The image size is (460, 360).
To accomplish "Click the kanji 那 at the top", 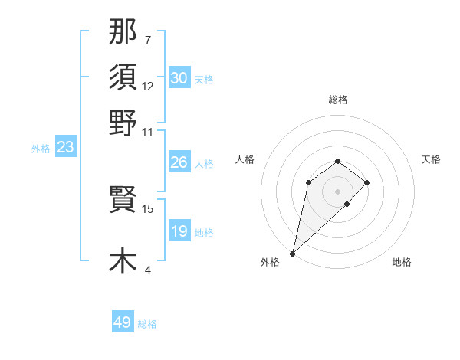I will pyautogui.click(x=123, y=31).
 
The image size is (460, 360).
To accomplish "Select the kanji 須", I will pyautogui.click(x=123, y=77).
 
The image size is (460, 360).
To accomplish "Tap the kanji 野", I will pyautogui.click(x=123, y=123).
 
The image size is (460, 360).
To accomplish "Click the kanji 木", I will pyautogui.click(x=123, y=260).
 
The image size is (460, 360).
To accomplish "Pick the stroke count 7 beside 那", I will pyautogui.click(x=147, y=40).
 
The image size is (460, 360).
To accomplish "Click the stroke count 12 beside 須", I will pyautogui.click(x=148, y=87).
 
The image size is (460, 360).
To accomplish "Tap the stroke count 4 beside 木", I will pyautogui.click(x=147, y=270).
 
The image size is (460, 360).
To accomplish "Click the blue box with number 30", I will pyautogui.click(x=179, y=78).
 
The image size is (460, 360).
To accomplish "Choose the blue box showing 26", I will pyautogui.click(x=179, y=162).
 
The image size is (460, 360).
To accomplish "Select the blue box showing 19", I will pyautogui.click(x=179, y=231).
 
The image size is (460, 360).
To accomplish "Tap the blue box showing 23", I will pyautogui.click(x=65, y=148).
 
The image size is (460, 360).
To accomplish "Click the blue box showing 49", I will pyautogui.click(x=122, y=322).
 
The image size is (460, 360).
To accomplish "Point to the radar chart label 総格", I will pyautogui.click(x=337, y=100).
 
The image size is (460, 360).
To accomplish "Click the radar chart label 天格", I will pyautogui.click(x=431, y=159).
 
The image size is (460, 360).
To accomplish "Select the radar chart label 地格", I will pyautogui.click(x=402, y=263).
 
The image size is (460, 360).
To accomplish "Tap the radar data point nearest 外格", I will pyautogui.click(x=292, y=253).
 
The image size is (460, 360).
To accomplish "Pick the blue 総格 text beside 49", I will pyautogui.click(x=147, y=324).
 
